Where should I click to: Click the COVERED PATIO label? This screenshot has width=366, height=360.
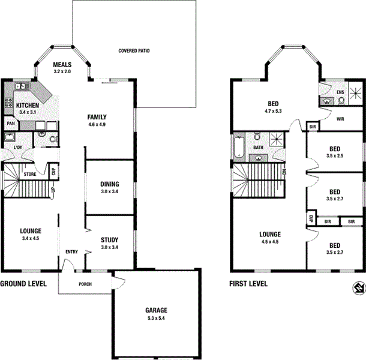[134, 51]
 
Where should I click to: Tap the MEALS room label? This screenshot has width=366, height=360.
[62, 65]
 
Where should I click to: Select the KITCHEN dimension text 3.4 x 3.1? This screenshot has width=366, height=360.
[28, 112]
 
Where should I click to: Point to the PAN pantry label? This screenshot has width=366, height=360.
[10, 124]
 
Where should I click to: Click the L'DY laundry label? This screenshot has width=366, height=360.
[10, 148]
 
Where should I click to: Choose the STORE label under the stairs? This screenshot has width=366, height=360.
[30, 174]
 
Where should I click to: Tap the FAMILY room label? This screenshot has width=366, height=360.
[97, 117]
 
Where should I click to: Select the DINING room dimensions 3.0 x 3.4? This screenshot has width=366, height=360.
[109, 192]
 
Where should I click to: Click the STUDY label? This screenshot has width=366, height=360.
[109, 239]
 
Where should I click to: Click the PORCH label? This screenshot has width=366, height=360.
[85, 284]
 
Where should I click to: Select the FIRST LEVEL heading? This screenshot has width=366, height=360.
[248, 284]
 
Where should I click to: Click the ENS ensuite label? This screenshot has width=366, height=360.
[340, 92]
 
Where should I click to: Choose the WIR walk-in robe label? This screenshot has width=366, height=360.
[340, 119]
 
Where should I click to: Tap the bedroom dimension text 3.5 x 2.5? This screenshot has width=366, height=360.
[334, 156]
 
